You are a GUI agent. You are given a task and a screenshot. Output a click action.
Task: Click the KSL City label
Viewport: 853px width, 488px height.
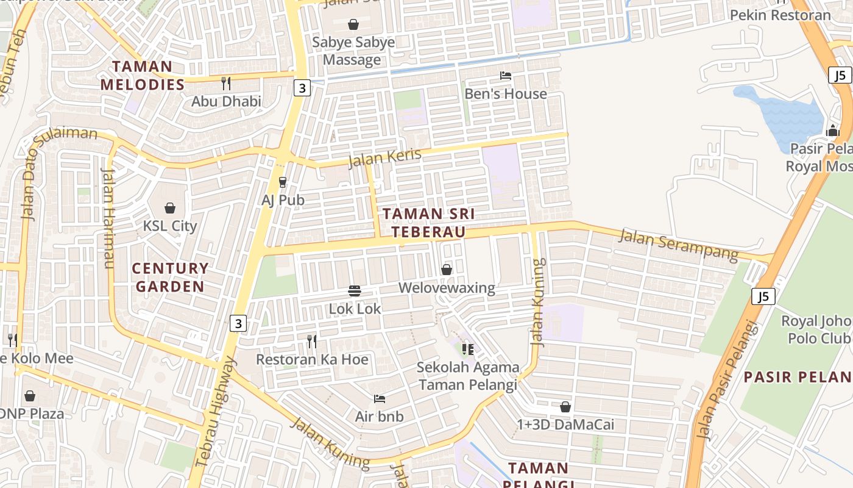pos(170,226)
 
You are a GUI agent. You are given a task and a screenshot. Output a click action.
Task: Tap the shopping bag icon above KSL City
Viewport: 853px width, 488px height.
pos(170,208)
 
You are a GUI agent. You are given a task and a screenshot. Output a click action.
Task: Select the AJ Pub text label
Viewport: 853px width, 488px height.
pos(283,199)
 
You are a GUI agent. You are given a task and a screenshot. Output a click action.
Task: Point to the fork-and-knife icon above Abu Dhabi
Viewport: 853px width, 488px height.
pos(226,83)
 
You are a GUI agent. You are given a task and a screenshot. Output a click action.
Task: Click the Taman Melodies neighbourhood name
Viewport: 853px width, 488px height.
pos(143,75)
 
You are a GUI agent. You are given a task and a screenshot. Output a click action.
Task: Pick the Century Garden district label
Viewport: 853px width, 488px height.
pos(170,277)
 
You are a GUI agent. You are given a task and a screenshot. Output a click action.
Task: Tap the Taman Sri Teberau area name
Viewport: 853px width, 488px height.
pos(428,223)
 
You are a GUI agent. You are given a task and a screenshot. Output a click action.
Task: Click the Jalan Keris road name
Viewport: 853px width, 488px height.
pos(384,157)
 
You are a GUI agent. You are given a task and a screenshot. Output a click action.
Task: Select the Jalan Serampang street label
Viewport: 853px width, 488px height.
pos(678,244)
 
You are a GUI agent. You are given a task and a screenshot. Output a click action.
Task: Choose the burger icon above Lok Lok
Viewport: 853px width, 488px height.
pos(355,290)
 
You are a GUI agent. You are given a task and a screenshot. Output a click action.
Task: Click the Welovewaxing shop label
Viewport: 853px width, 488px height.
pos(447,287)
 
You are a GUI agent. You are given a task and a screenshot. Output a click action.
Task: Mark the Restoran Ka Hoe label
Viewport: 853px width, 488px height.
pos(312,359)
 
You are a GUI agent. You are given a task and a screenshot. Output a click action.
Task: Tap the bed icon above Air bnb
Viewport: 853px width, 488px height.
pos(380,399)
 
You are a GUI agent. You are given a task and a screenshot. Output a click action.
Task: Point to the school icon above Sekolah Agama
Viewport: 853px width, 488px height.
pos(468,350)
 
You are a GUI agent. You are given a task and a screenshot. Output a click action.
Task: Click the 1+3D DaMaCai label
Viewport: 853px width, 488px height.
pos(565,425)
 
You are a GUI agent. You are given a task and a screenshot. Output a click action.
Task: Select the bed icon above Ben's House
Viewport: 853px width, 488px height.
pos(506,76)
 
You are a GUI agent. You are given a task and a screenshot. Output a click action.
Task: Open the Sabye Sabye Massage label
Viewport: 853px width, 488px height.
pos(353,51)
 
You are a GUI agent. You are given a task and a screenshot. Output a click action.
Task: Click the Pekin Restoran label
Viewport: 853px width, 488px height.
pos(780,15)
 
